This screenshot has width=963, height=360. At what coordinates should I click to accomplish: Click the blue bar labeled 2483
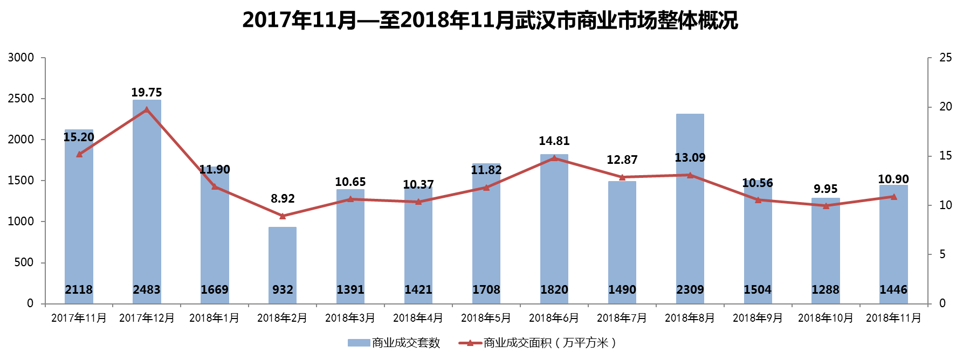[x=147, y=205]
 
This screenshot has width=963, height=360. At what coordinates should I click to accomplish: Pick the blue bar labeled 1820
[x=554, y=226]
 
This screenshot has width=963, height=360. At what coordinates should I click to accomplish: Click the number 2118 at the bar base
[x=79, y=290]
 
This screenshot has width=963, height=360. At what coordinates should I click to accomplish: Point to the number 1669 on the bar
[x=215, y=290]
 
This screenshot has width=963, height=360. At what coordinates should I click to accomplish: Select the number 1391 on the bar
[x=350, y=290]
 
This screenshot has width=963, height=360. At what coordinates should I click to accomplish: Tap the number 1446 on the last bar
[x=893, y=290]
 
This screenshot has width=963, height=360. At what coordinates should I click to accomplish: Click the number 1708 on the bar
[x=486, y=290]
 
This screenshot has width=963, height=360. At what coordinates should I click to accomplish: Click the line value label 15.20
[x=79, y=137]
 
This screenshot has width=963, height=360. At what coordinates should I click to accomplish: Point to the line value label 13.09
[x=690, y=158]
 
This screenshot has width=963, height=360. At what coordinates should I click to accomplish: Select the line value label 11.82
[x=486, y=170]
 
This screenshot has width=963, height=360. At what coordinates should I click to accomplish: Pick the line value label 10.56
[x=758, y=183]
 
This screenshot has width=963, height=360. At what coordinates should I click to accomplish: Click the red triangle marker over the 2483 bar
[x=147, y=110]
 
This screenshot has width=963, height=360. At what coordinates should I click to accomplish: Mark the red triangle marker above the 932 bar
[x=283, y=216]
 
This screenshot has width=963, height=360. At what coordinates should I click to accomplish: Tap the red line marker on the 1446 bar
[x=893, y=197]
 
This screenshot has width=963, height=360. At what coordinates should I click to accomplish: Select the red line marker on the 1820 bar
[x=554, y=158]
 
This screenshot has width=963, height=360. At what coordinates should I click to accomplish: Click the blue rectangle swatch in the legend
[x=359, y=343]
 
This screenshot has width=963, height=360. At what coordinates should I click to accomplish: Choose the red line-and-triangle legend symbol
[x=470, y=343]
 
